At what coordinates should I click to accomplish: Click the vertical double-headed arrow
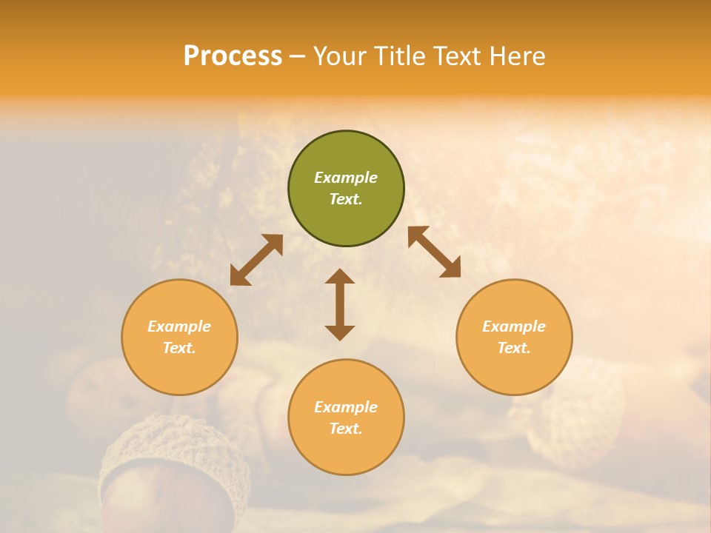[340, 304]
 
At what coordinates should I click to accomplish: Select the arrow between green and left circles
[256, 260]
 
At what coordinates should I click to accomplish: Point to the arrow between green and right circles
[435, 252]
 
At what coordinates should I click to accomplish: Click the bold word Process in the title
[233, 56]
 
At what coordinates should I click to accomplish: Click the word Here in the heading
[518, 56]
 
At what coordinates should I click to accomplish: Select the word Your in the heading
[339, 56]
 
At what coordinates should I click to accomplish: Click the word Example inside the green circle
[346, 178]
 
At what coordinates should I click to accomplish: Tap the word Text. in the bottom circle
[346, 429]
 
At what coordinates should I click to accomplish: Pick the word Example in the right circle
[514, 326]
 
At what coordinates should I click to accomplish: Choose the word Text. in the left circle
[179, 348]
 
